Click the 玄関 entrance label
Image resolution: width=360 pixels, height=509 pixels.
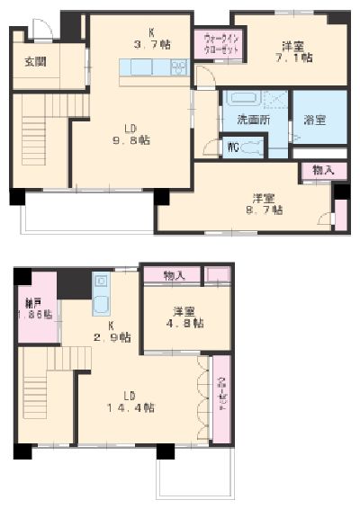point(35,62)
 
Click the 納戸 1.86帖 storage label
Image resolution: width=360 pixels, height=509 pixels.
point(36,308)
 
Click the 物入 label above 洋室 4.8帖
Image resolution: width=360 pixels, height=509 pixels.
point(175,275)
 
